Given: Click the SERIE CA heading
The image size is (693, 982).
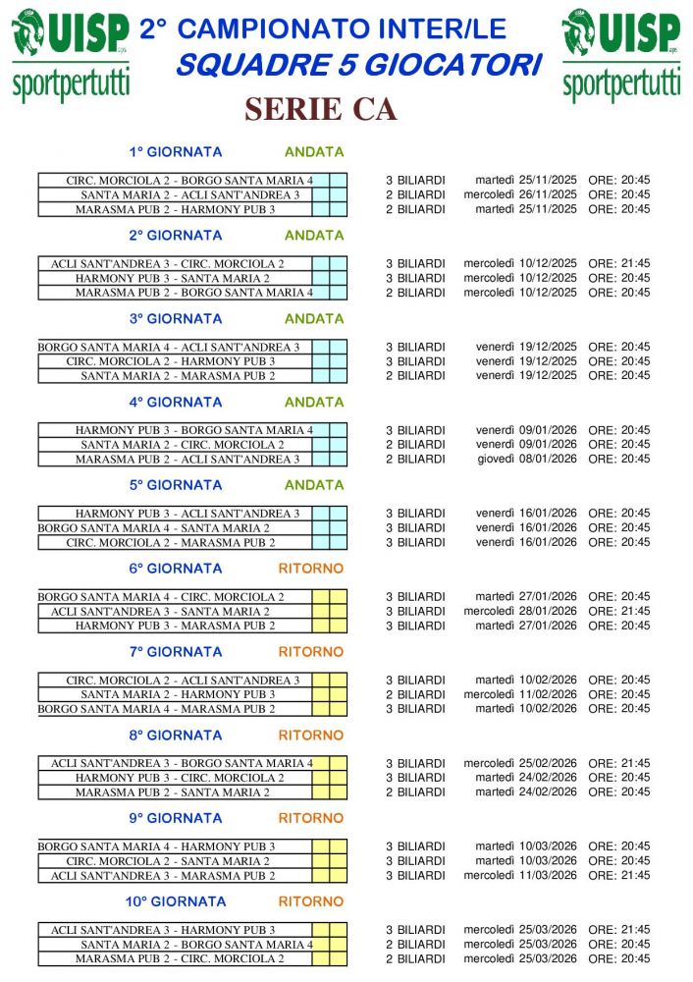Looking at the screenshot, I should coord(320,110).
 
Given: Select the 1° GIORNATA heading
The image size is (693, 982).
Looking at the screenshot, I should coord(176,152).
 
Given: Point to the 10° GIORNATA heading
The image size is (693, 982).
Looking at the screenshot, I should coord(176,901).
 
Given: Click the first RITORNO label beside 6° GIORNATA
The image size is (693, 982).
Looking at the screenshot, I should coord(311,569).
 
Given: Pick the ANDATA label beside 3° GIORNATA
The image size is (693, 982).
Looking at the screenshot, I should coord(314,319).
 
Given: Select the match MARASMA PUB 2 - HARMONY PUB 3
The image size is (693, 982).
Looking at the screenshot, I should coord(175,209).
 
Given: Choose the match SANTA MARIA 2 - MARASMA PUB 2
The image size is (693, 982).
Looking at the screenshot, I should coord(178,375).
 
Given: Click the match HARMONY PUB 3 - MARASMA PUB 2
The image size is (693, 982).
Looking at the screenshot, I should coord(175,626).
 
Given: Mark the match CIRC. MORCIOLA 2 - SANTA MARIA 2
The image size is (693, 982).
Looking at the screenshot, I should coord(175,861).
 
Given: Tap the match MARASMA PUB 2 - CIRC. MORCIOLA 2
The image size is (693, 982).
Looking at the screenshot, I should coord(180,958).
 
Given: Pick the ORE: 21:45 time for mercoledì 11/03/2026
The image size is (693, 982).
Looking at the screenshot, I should coord(618,875).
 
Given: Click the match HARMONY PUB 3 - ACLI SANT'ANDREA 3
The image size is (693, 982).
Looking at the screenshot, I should coord(187,513).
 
